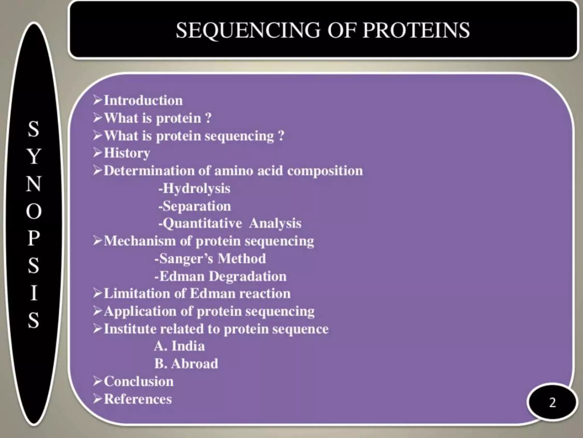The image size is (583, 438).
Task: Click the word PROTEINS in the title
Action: [x=416, y=31]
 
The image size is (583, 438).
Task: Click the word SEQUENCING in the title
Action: [x=248, y=31]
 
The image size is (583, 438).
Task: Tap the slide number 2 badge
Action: [x=552, y=402]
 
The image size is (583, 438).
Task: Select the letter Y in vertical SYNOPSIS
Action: [x=34, y=156]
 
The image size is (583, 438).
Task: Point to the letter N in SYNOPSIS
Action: [x=34, y=184]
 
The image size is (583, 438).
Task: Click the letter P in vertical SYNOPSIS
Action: [x=34, y=238]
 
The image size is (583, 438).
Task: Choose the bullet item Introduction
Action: [x=143, y=101]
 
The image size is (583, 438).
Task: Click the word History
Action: [x=127, y=153]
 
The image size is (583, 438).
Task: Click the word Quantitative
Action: [x=202, y=224]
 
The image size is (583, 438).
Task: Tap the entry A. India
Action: [x=179, y=346]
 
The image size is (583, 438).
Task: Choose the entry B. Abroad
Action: [x=186, y=364]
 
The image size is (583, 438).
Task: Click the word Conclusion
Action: [x=139, y=382]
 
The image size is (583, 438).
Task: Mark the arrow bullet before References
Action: [x=98, y=399]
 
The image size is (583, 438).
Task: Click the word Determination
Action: [x=149, y=171]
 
